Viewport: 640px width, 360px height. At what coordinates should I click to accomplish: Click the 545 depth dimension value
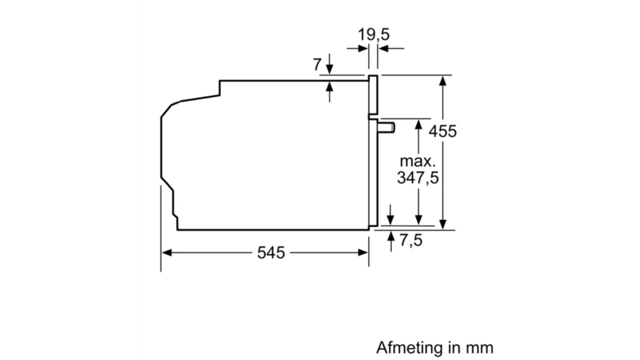click(x=271, y=252)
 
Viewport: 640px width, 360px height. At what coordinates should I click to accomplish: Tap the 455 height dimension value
click(x=442, y=131)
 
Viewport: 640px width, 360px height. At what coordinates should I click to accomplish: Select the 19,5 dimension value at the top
click(x=373, y=34)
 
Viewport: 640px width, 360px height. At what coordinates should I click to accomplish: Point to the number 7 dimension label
click(x=316, y=64)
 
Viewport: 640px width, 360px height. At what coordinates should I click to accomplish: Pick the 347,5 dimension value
click(x=417, y=177)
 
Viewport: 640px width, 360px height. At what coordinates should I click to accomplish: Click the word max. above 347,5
click(x=417, y=161)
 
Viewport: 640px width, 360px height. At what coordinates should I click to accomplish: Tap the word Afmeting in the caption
click(x=409, y=347)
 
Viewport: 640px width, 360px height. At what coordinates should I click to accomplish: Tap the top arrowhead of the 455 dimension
click(x=442, y=80)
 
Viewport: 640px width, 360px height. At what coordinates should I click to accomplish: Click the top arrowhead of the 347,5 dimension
click(x=418, y=123)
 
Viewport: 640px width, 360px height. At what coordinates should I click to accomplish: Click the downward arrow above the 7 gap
click(x=329, y=70)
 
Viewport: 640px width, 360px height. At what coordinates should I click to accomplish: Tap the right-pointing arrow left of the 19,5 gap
click(x=363, y=48)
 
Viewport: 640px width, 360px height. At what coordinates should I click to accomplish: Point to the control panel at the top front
click(x=373, y=95)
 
